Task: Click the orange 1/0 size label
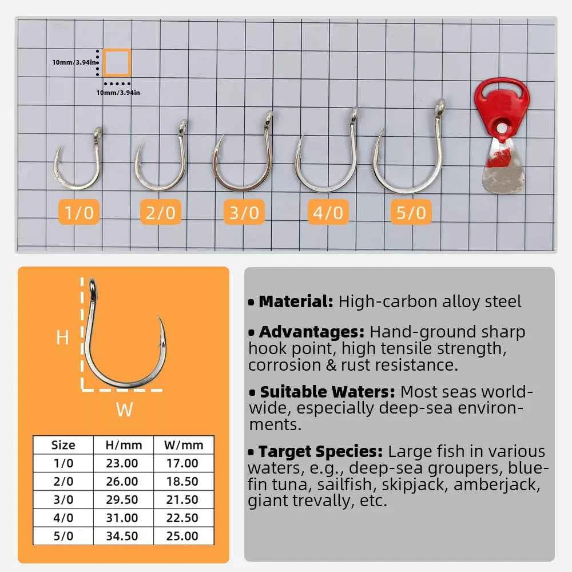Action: [x=79, y=213]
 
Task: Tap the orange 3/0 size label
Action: [x=244, y=213]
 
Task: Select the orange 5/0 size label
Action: [x=411, y=213]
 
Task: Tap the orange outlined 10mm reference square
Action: [x=117, y=62]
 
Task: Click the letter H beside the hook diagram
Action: [x=62, y=338]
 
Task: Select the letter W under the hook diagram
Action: [x=124, y=410]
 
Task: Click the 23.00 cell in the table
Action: [x=122, y=463]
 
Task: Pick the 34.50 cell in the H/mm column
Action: [x=122, y=536]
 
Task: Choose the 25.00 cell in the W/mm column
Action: [x=182, y=536]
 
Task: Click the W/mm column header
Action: [x=182, y=445]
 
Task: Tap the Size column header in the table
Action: [x=63, y=445]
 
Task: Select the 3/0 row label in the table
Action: [x=63, y=499]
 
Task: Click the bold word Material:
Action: [x=296, y=301]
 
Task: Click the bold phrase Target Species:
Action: [x=320, y=451]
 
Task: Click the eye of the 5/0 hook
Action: [x=440, y=106]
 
